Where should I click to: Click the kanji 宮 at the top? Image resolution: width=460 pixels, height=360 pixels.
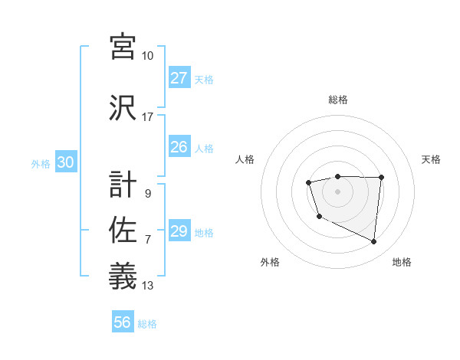pyautogui.click(x=123, y=45)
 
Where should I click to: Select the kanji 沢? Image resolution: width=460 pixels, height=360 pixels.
pyautogui.click(x=123, y=106)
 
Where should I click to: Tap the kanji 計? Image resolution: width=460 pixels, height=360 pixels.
pyautogui.click(x=123, y=185)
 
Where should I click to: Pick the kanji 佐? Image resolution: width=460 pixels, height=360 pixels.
pyautogui.click(x=123, y=231)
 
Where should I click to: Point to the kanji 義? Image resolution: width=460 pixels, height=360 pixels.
pyautogui.click(x=123, y=277)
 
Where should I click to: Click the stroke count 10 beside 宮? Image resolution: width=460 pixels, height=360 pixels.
pyautogui.click(x=148, y=56)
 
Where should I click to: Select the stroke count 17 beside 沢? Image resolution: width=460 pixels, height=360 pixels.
pyautogui.click(x=148, y=117)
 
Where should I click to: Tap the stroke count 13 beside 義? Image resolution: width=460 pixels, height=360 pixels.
pyautogui.click(x=148, y=286)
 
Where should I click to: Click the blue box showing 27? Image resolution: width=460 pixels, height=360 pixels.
pyautogui.click(x=179, y=78)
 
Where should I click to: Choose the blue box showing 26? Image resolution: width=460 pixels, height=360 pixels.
pyautogui.click(x=179, y=147)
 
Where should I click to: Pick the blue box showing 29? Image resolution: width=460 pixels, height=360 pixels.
pyautogui.click(x=179, y=231)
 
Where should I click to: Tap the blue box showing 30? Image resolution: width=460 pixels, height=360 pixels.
pyautogui.click(x=65, y=162)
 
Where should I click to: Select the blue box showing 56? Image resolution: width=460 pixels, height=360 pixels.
pyautogui.click(x=123, y=322)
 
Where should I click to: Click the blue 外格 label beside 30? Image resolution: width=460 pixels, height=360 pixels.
pyautogui.click(x=41, y=163)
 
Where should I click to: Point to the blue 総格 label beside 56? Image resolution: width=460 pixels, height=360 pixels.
pyautogui.click(x=147, y=324)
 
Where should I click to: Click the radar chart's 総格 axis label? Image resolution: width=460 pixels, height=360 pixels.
pyautogui.click(x=338, y=100)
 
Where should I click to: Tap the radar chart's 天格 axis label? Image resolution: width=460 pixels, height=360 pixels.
pyautogui.click(x=432, y=159)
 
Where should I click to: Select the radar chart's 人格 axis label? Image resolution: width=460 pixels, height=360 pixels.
pyautogui.click(x=245, y=159)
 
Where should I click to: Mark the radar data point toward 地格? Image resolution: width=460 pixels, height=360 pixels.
pyautogui.click(x=374, y=242)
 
